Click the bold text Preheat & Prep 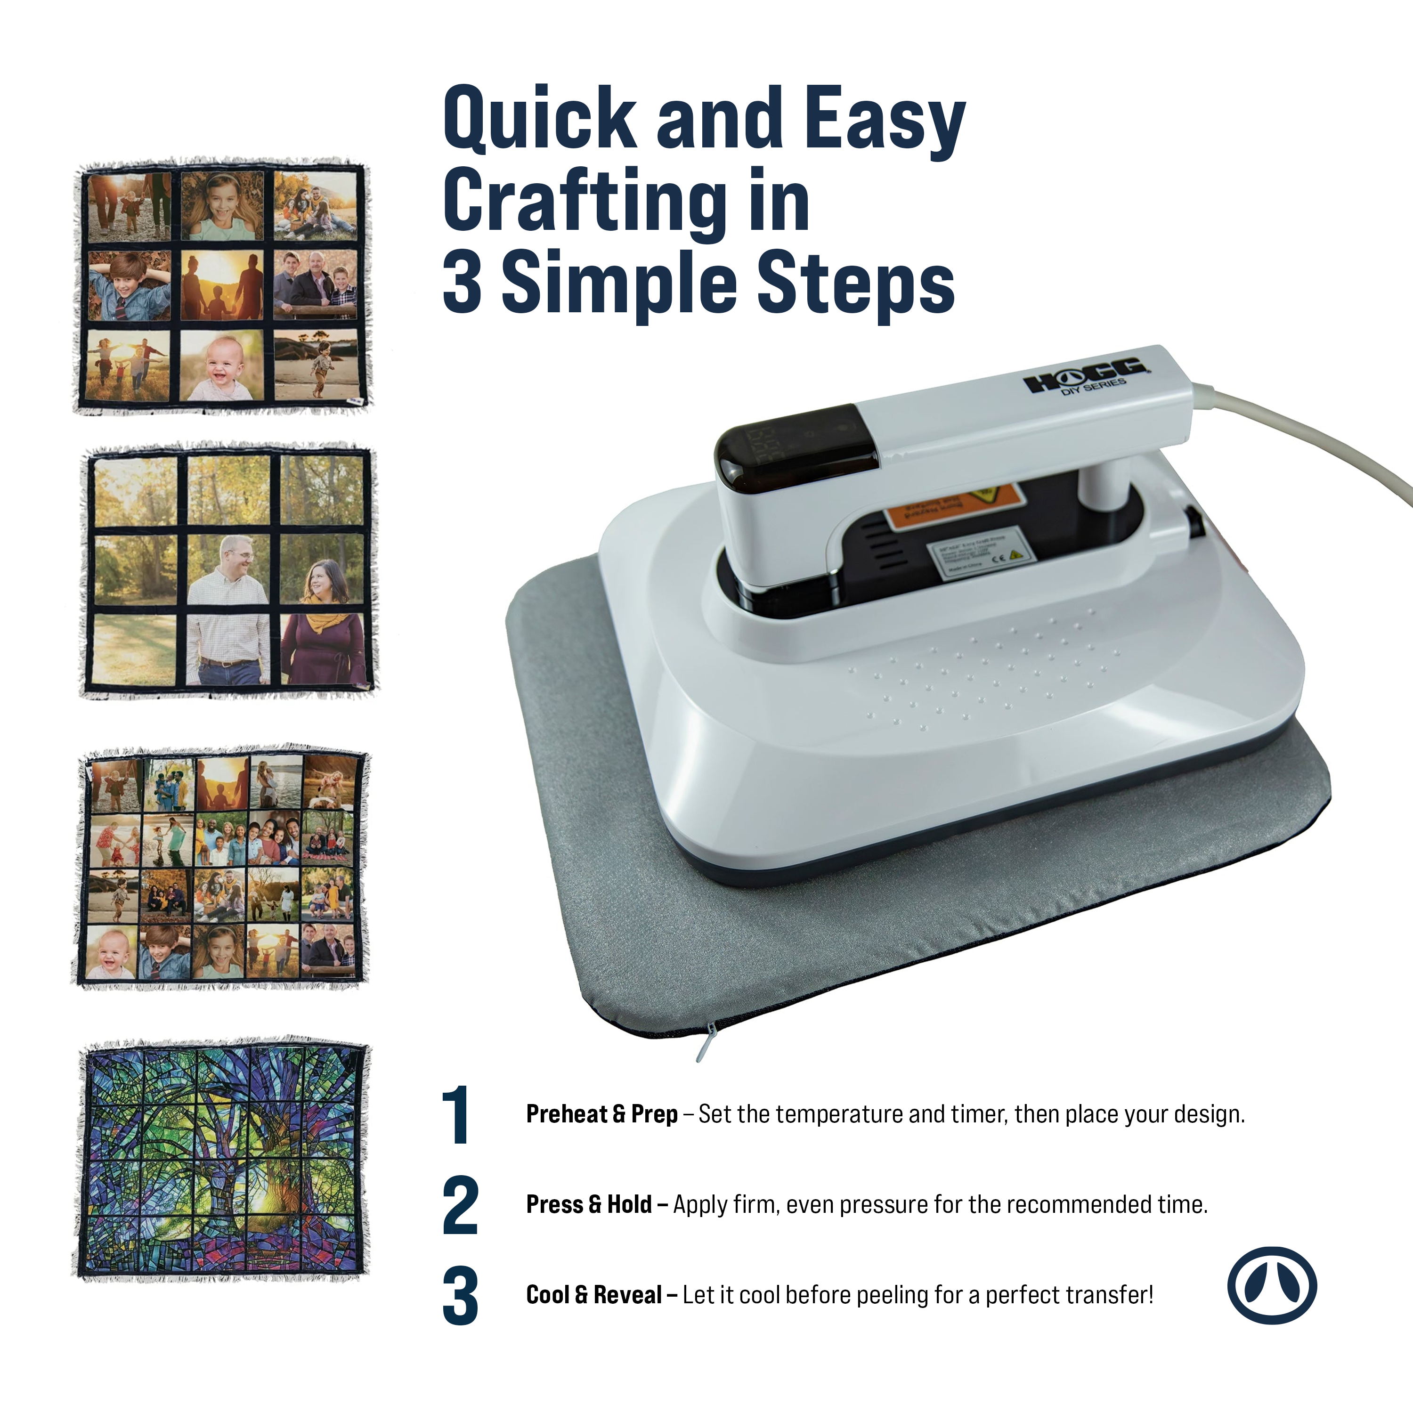point(601,1114)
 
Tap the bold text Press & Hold point(589,1204)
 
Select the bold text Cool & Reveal point(594,1294)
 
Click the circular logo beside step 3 point(1272,1285)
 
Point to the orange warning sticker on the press point(951,504)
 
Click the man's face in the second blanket point(234,557)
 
